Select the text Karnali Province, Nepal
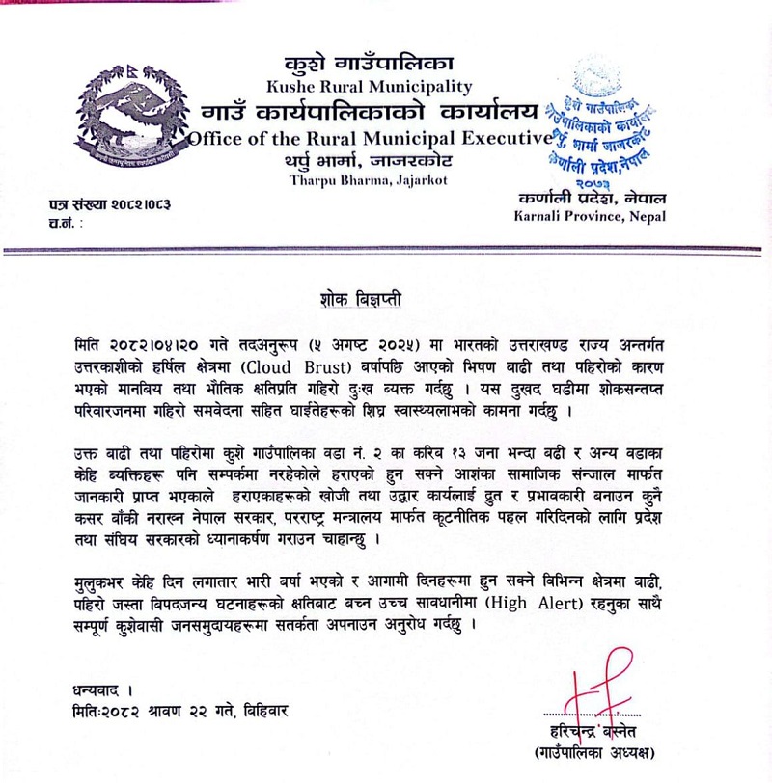[590, 218]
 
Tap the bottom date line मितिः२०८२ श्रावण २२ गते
[179, 712]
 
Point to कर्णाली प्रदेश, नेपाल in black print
[591, 199]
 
